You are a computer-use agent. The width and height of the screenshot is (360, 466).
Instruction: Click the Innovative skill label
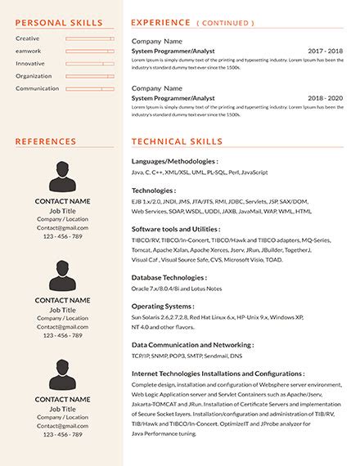pyautogui.click(x=30, y=63)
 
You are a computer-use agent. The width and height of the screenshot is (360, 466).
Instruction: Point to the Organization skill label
pyautogui.click(x=34, y=76)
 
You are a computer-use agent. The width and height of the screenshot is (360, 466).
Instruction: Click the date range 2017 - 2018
pyautogui.click(x=325, y=51)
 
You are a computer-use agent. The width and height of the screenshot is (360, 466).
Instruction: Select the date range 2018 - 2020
pyautogui.click(x=325, y=97)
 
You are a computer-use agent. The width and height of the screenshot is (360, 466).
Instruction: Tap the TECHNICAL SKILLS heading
pyautogui.click(x=177, y=141)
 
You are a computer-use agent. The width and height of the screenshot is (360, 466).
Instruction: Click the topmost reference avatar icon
pyautogui.click(x=62, y=177)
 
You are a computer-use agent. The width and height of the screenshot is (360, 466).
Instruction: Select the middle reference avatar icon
pyautogui.click(x=62, y=276)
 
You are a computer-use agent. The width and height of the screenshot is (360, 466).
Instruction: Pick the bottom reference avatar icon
pyautogui.click(x=62, y=373)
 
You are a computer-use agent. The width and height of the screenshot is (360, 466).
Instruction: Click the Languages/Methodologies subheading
pyautogui.click(x=174, y=161)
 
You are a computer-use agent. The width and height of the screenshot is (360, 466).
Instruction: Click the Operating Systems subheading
pyautogui.click(x=164, y=306)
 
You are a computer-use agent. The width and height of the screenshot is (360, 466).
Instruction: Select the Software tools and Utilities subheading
pyautogui.click(x=175, y=229)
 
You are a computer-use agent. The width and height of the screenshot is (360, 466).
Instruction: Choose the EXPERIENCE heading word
pyautogui.click(x=160, y=22)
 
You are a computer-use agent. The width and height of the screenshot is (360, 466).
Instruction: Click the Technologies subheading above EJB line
pyautogui.click(x=154, y=190)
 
